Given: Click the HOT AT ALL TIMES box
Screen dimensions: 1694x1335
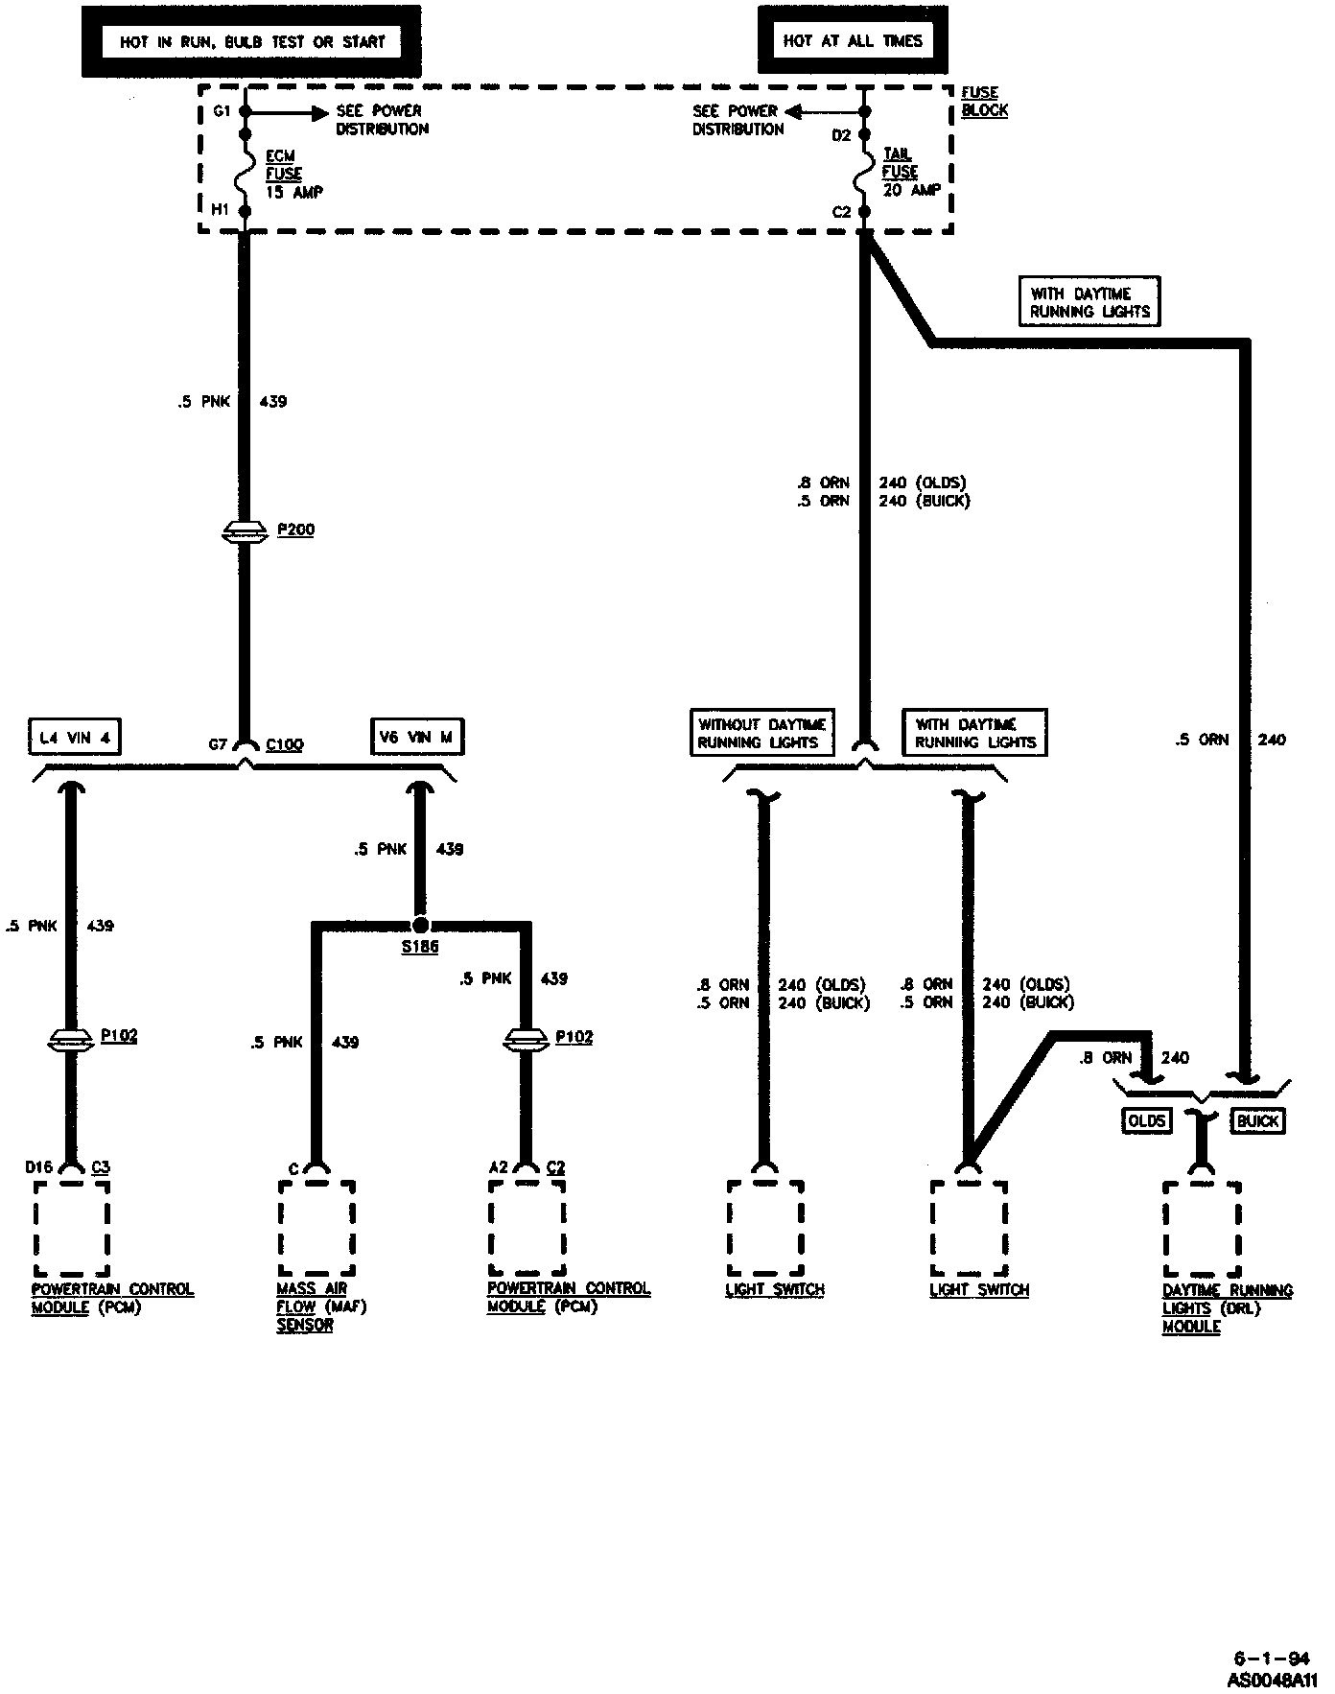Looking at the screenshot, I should tap(852, 41).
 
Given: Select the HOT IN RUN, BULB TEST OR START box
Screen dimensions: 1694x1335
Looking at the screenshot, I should tap(251, 41).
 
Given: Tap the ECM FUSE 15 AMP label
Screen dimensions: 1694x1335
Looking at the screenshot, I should tap(293, 174).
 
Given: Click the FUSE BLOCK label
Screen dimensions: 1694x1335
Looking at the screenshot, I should tap(984, 101).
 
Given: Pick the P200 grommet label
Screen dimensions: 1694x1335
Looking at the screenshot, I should tap(295, 529).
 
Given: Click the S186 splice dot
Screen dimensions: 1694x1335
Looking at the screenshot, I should tap(420, 926).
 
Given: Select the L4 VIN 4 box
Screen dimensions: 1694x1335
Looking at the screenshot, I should tap(74, 737).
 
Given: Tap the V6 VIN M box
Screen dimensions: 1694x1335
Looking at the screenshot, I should tap(416, 737).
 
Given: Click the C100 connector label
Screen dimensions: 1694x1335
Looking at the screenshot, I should tap(284, 744).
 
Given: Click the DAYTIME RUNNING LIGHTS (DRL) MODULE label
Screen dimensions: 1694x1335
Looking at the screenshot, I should tap(1227, 1308).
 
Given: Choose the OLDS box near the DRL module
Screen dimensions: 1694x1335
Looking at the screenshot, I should tap(1146, 1120).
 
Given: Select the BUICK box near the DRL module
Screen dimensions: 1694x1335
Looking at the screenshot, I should tap(1258, 1120).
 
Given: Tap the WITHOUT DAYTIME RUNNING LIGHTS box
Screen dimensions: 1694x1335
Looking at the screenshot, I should tap(761, 733).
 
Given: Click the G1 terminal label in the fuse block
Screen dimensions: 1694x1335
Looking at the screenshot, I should tap(222, 111).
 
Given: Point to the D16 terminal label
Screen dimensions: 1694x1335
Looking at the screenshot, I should tap(37, 1167).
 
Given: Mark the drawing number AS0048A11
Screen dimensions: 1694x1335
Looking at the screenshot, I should tap(1272, 1681).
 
